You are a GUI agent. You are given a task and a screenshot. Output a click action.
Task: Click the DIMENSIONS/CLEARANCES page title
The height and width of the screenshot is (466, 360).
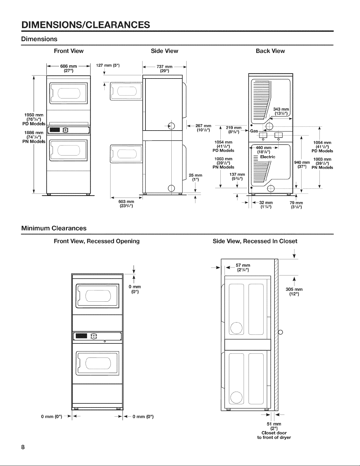click(x=86, y=25)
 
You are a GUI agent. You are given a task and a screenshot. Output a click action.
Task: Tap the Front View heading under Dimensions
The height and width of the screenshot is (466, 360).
click(x=68, y=51)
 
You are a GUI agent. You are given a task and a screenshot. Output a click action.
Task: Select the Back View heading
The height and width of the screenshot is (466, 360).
click(x=270, y=51)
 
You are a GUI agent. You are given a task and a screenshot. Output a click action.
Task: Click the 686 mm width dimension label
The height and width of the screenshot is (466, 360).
click(x=68, y=69)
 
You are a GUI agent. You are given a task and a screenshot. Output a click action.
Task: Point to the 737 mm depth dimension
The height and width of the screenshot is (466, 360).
click(x=165, y=69)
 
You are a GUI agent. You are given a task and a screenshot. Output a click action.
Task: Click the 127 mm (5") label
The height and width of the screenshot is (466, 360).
click(x=108, y=65)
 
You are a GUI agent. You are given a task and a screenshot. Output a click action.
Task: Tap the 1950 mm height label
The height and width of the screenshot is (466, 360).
click(x=34, y=119)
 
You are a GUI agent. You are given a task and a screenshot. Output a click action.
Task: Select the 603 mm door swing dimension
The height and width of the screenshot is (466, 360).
click(x=126, y=204)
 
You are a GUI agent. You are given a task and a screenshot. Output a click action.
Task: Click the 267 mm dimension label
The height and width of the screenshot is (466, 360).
click(x=203, y=128)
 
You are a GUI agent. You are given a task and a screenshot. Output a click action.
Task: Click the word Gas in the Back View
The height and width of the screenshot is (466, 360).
click(x=254, y=131)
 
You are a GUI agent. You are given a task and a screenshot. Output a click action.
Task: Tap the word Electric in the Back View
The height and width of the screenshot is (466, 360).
click(x=268, y=157)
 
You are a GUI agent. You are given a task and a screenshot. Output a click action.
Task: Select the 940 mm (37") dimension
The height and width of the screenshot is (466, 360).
click(x=302, y=164)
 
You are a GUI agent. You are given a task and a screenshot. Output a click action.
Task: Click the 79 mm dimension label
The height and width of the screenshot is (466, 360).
click(x=296, y=205)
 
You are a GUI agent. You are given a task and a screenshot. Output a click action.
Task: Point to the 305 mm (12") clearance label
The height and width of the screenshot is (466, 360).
click(x=294, y=291)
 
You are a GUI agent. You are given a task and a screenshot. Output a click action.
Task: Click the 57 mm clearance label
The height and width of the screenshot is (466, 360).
click(x=243, y=268)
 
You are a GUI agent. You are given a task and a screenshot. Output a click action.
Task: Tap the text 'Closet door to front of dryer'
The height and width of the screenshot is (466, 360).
click(x=274, y=435)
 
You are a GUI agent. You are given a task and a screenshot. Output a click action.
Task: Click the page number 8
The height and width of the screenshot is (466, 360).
click(x=23, y=447)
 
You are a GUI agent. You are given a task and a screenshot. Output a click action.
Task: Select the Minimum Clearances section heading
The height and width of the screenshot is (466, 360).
click(x=54, y=228)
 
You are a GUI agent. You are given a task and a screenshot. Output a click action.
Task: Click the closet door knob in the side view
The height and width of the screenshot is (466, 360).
click(x=280, y=333)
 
